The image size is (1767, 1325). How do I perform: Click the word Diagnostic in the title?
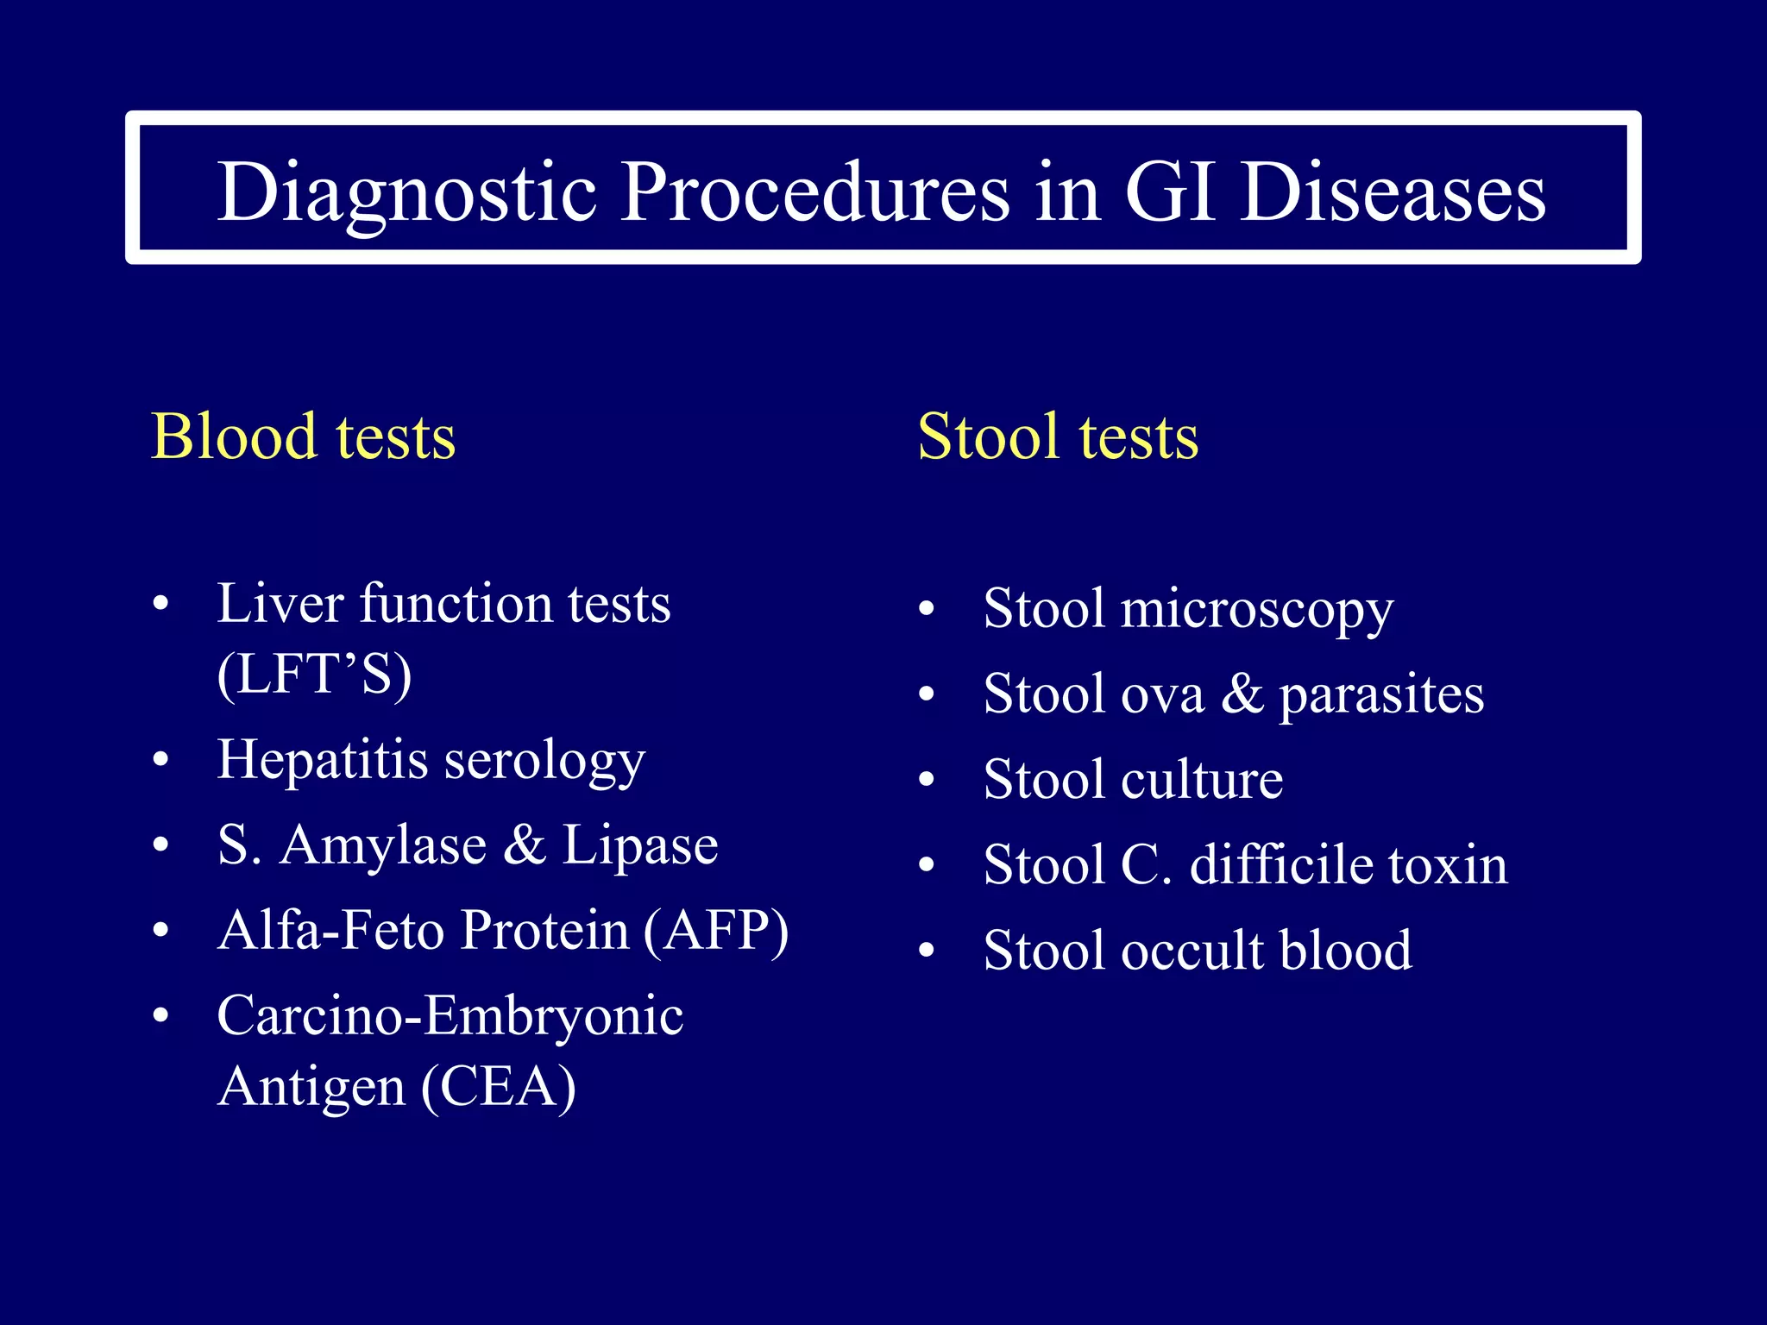pos(406,192)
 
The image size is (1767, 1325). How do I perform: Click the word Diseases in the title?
pos(1393,192)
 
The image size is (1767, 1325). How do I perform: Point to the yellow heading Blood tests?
pos(303,436)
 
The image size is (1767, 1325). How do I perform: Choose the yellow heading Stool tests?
pos(1058,436)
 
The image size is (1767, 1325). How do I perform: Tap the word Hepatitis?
pos(323,760)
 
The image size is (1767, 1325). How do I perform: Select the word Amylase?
pos(383,845)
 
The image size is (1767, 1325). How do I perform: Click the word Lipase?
pos(640,845)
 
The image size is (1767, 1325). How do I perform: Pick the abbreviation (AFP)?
pos(715,931)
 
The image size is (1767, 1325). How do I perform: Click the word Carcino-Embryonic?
pos(450,1015)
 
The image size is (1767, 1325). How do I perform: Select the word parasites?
pos(1381,695)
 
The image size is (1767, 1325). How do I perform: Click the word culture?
pos(1202,780)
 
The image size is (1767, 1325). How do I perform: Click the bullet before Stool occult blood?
pos(927,951)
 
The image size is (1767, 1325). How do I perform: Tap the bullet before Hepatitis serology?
pos(160,761)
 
